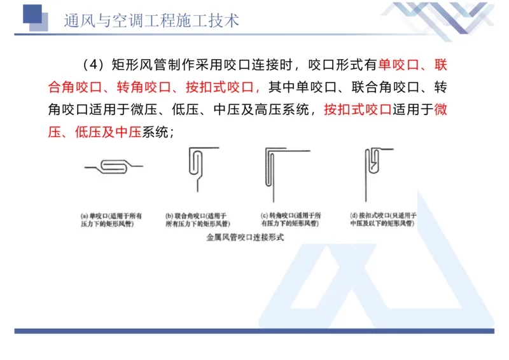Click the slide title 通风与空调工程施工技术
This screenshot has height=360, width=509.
(151, 20)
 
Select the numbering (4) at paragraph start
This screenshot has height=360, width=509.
(94, 65)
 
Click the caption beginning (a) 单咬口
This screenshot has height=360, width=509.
(111, 219)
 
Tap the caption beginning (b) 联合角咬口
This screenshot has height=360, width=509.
(197, 219)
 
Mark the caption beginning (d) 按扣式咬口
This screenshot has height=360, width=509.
(383, 219)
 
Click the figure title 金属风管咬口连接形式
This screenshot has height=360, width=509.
(245, 237)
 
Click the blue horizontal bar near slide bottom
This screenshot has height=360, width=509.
(254, 331)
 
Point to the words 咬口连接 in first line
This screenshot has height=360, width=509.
(267, 65)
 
